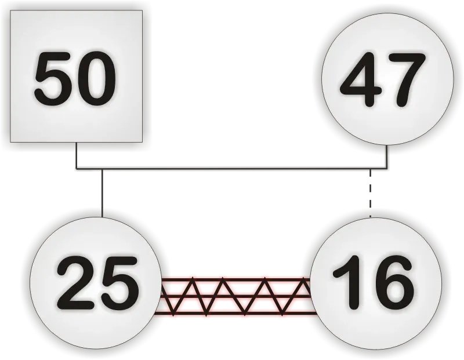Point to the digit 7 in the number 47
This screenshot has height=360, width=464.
click(407, 80)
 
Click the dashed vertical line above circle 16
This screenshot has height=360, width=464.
click(371, 194)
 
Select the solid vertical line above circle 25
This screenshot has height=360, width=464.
click(102, 193)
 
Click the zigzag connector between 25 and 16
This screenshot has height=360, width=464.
click(236, 296)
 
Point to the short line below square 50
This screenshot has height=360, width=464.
click(77, 155)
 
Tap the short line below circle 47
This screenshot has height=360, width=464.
click(386, 157)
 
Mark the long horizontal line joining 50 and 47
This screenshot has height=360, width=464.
click(231, 169)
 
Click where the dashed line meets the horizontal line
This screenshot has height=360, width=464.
click(371, 169)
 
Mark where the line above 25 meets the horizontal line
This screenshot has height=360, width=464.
click(102, 169)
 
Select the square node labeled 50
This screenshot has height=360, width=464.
click(77, 77)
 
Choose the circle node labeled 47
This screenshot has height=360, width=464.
click(387, 79)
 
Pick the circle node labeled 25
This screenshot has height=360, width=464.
click(96, 283)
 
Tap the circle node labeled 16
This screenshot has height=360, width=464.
click(376, 283)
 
